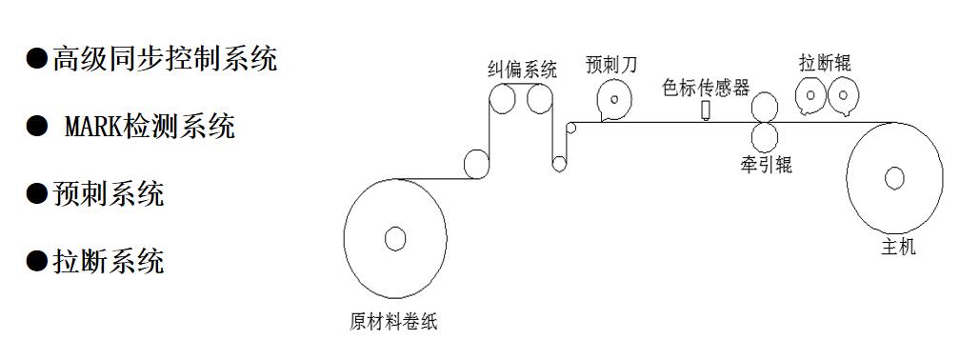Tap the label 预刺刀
612,65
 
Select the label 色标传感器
707,88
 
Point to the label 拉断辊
825,64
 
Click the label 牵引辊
765,165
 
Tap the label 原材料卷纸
392,321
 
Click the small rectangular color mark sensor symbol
706,111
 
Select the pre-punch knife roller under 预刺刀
614,99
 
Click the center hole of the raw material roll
395,238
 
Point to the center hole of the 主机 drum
894,178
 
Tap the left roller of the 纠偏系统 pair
503,98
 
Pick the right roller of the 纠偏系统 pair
540,98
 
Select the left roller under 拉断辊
810,95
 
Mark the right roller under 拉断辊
843,95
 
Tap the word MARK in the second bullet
94,127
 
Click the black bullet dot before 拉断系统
36,260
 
